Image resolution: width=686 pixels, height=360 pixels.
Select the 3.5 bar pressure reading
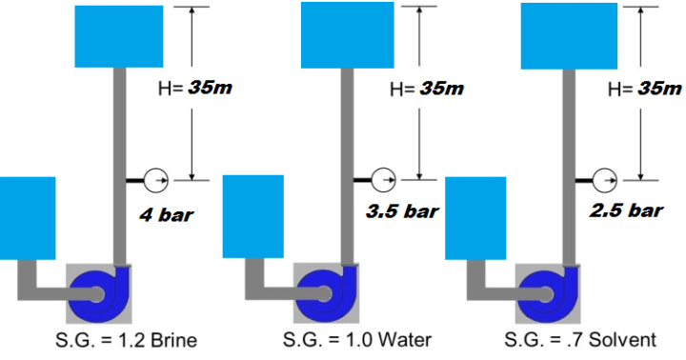[401, 211]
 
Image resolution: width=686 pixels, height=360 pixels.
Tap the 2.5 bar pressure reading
[626, 211]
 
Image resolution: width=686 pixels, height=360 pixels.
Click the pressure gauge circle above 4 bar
[154, 178]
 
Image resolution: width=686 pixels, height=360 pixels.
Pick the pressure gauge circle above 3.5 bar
[383, 178]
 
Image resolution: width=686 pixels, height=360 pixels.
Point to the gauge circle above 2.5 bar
[603, 178]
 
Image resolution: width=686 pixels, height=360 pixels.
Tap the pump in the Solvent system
[549, 293]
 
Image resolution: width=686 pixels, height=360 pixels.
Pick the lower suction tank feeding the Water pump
[252, 218]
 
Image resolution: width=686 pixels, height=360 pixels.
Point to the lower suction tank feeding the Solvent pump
[475, 218]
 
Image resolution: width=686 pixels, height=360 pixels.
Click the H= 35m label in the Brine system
[194, 89]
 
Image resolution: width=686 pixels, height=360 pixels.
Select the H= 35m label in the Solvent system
[646, 89]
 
